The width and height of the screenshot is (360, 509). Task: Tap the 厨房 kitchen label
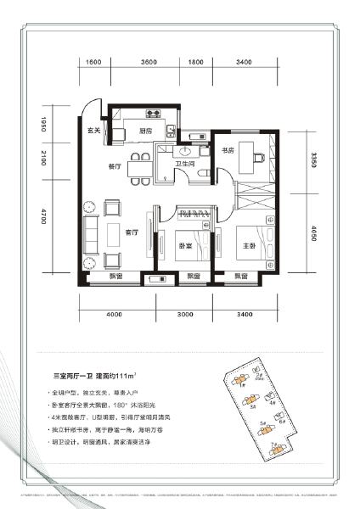coord(144,131)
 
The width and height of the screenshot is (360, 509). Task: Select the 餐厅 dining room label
coord(115,166)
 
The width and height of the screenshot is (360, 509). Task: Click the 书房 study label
coord(228,152)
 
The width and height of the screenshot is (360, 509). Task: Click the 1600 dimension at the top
coord(93,63)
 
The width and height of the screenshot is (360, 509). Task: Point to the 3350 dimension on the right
coord(314,159)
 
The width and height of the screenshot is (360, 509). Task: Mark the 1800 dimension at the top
coord(195,63)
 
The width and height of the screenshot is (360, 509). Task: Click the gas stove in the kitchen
coord(156,112)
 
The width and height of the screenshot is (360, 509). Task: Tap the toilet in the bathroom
coord(200,173)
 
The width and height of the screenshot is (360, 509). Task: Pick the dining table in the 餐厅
coord(137,167)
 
